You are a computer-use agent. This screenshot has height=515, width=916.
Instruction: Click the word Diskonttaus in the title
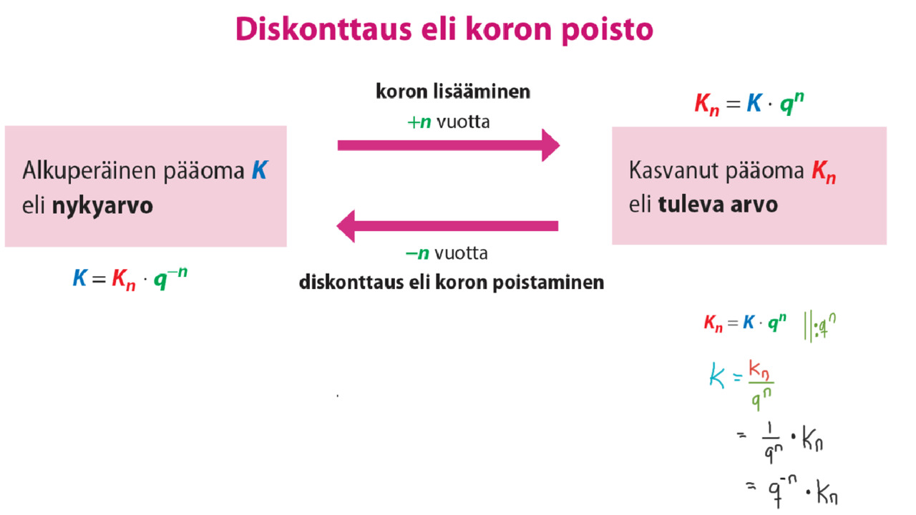tap(323, 29)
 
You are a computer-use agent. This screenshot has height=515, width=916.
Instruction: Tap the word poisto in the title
tap(608, 30)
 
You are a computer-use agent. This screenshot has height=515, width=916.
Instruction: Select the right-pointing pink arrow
tap(449, 145)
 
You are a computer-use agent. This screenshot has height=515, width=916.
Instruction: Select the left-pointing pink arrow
tap(447, 226)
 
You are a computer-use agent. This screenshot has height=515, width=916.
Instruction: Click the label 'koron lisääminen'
tap(453, 91)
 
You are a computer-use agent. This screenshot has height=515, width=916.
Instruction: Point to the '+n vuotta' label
tap(449, 122)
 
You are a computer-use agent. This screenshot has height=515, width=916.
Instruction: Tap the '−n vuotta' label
tap(447, 253)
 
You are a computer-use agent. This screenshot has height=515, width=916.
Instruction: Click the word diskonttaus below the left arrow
tap(351, 282)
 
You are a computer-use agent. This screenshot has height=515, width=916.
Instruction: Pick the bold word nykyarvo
tap(102, 205)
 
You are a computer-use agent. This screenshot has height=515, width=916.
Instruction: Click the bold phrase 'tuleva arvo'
tap(718, 205)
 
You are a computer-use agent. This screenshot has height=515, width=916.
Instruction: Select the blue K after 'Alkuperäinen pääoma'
tap(260, 170)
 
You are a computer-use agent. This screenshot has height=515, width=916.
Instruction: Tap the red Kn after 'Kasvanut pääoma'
tap(824, 172)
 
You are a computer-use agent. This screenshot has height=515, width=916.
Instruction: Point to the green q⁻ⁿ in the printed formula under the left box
tap(170, 278)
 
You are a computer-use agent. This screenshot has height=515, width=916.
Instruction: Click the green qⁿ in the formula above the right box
tap(792, 103)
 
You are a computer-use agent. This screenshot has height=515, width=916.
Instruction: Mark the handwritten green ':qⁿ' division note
tap(819, 326)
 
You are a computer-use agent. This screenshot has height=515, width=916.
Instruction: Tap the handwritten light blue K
tap(717, 375)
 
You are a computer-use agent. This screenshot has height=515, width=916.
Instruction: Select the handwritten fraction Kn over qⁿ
tap(761, 384)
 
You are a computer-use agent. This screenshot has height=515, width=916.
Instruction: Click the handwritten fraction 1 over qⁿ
tap(772, 443)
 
